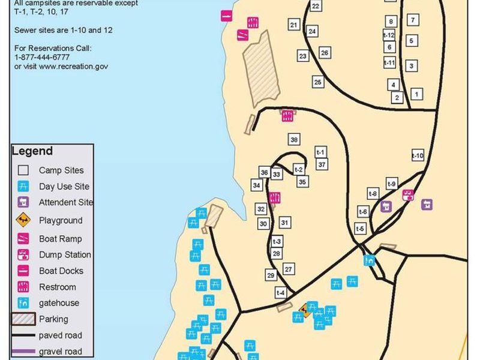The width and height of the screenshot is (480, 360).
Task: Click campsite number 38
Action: click(294, 140)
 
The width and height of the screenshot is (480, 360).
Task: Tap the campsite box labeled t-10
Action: click(418, 156)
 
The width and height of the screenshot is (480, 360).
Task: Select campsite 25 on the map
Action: click(318, 82)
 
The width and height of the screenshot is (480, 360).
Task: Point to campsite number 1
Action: click(416, 94)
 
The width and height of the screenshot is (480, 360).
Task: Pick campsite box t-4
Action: click(281, 293)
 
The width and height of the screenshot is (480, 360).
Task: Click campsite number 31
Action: click(285, 223)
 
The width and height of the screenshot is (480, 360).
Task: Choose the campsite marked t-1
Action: click(320, 152)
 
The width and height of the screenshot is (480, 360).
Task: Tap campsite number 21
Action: click(294, 25)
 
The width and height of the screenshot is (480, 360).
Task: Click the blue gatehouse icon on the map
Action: click(370, 260)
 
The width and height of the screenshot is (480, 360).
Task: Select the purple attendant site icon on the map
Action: click(427, 205)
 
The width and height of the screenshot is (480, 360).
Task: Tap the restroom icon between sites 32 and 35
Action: click(275, 197)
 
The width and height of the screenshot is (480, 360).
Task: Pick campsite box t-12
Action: click(389, 35)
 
